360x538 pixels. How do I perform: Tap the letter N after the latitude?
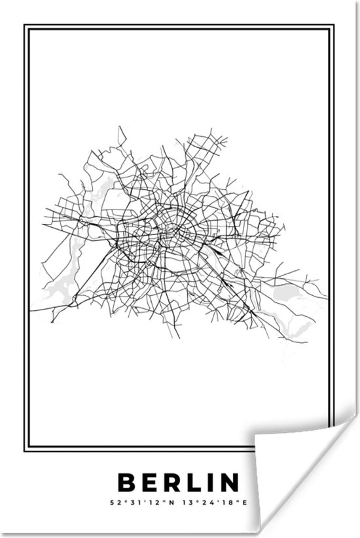[x=172, y=503]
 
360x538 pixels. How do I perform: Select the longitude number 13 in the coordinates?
[x=186, y=503]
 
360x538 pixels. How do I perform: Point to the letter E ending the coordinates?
[x=246, y=503]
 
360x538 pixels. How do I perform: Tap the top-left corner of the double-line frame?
[x=26, y=27]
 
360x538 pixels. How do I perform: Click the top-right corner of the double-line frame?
[x=334, y=27]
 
